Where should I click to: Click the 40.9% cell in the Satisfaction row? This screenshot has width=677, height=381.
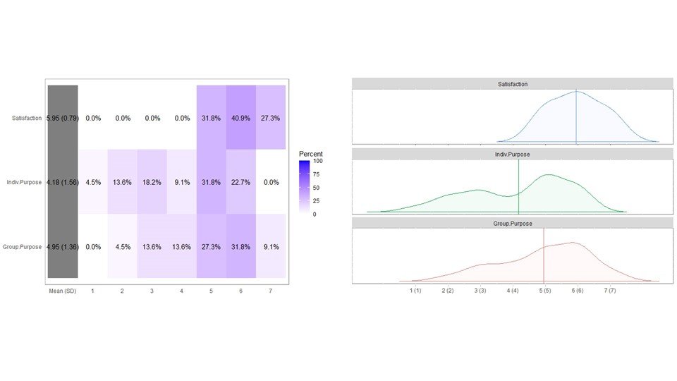[240, 119]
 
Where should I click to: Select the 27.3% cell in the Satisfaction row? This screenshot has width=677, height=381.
[271, 119]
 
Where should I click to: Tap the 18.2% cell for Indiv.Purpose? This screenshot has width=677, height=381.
[152, 182]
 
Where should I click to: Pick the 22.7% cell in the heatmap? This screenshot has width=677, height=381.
[240, 182]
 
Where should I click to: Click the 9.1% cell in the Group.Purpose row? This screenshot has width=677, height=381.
[271, 247]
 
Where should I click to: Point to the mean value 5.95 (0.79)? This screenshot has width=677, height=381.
[62, 119]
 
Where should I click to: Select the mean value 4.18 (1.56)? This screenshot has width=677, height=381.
[62, 182]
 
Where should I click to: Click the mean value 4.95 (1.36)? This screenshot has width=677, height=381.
[62, 247]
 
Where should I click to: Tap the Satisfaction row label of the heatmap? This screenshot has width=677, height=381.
[27, 119]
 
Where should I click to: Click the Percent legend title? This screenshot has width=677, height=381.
[310, 153]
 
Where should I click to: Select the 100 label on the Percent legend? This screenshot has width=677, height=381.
[318, 161]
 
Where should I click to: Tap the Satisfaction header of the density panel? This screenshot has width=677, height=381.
[512, 84]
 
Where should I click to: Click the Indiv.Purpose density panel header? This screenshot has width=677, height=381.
[512, 153]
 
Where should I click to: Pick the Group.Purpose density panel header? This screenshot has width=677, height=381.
[512, 223]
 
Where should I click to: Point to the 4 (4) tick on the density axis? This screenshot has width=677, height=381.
[512, 290]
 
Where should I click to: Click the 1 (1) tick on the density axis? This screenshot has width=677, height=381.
[415, 290]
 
